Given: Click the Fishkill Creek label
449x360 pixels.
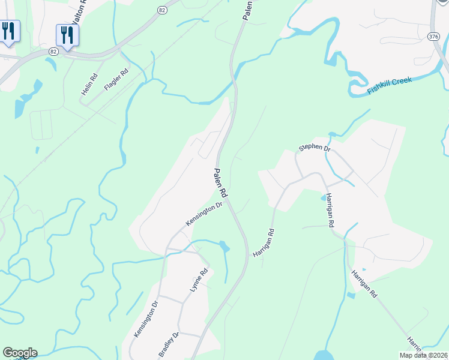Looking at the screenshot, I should (x=390, y=85).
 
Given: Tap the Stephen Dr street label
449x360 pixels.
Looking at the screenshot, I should (x=315, y=148).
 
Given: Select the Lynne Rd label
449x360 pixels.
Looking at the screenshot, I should (x=199, y=280).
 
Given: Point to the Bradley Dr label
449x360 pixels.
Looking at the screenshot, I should (x=169, y=344).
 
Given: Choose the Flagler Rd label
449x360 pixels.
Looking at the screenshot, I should (x=116, y=80).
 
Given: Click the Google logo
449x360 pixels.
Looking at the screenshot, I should (x=20, y=353).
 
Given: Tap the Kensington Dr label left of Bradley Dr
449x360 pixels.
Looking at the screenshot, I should (x=146, y=319).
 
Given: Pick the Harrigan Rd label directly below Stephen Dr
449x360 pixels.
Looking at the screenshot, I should (x=330, y=212).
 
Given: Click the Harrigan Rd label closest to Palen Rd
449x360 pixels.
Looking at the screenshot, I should (x=264, y=244).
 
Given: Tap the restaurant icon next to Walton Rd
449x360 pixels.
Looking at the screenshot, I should (x=67, y=35).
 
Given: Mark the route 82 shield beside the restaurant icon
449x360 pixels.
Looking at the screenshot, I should (x=54, y=52).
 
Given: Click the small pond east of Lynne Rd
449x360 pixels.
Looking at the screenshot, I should (x=224, y=247).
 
